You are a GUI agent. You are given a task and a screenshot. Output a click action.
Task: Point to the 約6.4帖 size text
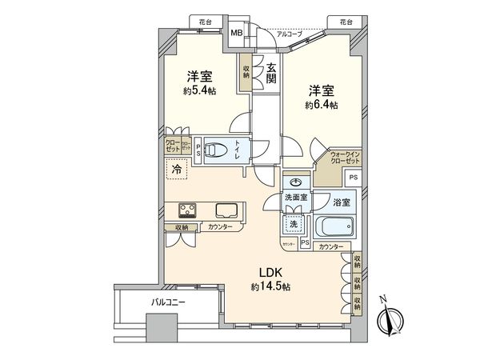point(321,104)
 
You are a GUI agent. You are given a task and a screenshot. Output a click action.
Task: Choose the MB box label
point(237,33)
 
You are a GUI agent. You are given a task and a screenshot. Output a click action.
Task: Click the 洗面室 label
point(295,198)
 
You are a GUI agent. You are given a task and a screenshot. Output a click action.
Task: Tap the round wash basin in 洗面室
point(297,182)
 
